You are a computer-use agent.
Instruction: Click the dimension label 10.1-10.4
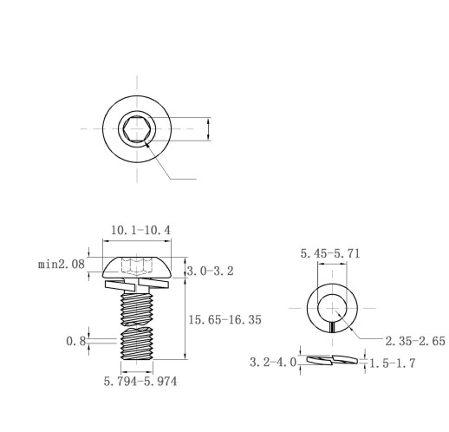pos(141,230)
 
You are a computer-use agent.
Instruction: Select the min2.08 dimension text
pos(62,264)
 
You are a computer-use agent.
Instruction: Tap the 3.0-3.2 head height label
pos(210,271)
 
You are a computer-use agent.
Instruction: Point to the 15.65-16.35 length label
pos(224,320)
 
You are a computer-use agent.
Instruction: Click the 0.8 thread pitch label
pos(76,341)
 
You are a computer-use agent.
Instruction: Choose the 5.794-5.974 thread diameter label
pos(140,381)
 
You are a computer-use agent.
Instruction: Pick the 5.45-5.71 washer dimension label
pos(330,253)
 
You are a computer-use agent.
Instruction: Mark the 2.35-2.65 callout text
pos(415,341)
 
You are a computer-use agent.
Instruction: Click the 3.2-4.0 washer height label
pos(273,362)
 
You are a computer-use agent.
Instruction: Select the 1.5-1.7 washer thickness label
pos(393,363)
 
